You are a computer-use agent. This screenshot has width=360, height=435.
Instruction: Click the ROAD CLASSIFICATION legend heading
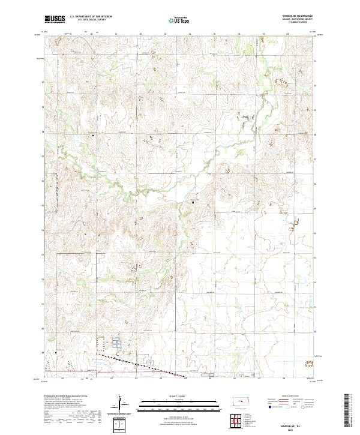click(x=289, y=397)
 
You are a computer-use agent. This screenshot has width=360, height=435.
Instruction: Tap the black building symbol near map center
click(x=193, y=203)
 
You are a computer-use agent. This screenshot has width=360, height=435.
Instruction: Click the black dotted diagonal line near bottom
click(x=138, y=363)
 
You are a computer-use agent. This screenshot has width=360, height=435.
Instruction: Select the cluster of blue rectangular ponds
click(x=116, y=344)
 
